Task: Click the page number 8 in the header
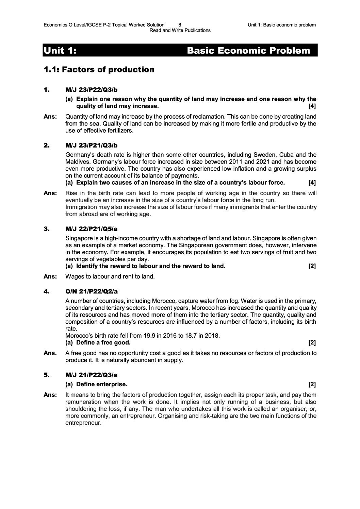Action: click(180, 25)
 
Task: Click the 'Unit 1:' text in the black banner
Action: click(60, 51)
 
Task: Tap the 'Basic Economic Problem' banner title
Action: click(249, 51)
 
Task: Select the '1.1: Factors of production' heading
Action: click(99, 70)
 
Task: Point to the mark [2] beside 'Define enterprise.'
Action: click(312, 385)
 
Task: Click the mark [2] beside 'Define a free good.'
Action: click(312, 343)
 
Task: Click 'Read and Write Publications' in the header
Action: click(180, 30)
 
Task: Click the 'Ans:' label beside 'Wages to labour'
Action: click(50, 276)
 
